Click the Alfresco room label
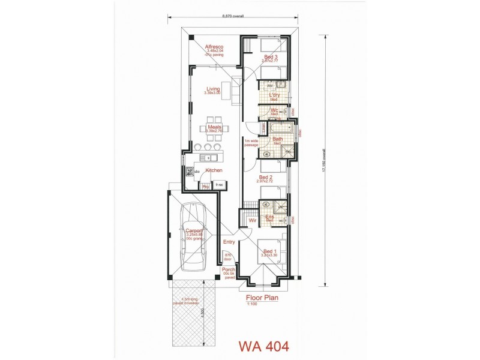click(x=214, y=46)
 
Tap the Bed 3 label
click(x=271, y=57)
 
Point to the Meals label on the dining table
click(x=214, y=127)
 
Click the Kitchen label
click(x=214, y=170)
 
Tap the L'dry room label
click(x=275, y=95)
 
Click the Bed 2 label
click(x=266, y=177)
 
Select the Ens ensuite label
click(x=269, y=217)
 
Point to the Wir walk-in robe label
click(x=252, y=220)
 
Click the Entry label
click(x=229, y=242)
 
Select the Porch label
click(x=228, y=269)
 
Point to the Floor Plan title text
click(x=263, y=296)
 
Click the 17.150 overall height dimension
click(x=325, y=160)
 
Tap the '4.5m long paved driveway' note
click(x=186, y=302)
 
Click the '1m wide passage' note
click(x=251, y=143)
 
